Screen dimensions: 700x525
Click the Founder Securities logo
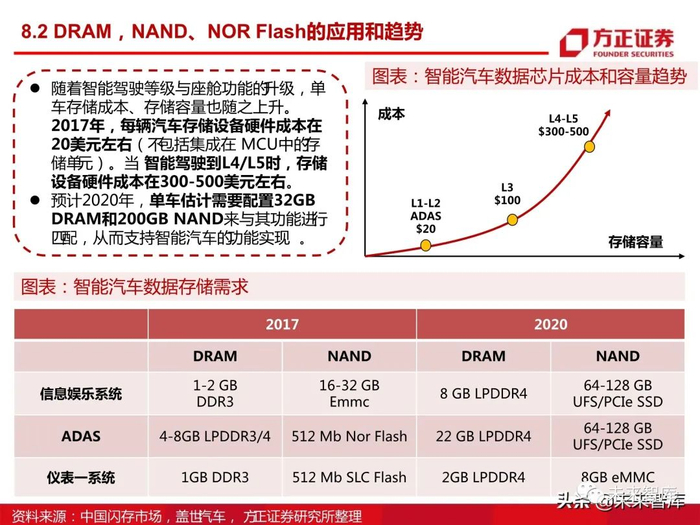tap(617, 43)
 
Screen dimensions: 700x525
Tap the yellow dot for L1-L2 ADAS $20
tap(425, 245)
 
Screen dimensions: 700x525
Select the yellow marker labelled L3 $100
tap(512, 220)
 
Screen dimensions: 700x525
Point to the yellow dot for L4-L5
tap(589, 146)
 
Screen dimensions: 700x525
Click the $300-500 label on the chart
tap(563, 132)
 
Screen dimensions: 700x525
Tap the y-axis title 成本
tap(391, 114)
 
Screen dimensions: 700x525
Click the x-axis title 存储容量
tap(635, 242)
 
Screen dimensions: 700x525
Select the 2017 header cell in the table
tap(282, 324)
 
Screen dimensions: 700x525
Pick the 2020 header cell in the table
tap(550, 324)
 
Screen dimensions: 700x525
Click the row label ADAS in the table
tap(81, 436)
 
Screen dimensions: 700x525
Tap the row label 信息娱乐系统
tap(81, 394)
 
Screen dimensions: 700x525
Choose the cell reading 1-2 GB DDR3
tap(215, 394)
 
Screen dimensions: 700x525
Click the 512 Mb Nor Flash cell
tap(349, 436)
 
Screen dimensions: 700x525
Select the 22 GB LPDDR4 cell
tap(483, 436)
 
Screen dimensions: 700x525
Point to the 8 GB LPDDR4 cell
tap(483, 394)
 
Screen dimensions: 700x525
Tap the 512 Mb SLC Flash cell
tap(349, 477)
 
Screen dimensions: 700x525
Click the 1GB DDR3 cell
tap(215, 477)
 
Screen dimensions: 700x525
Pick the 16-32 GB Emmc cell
tap(349, 394)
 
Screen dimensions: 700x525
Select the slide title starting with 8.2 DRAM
tap(222, 32)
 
